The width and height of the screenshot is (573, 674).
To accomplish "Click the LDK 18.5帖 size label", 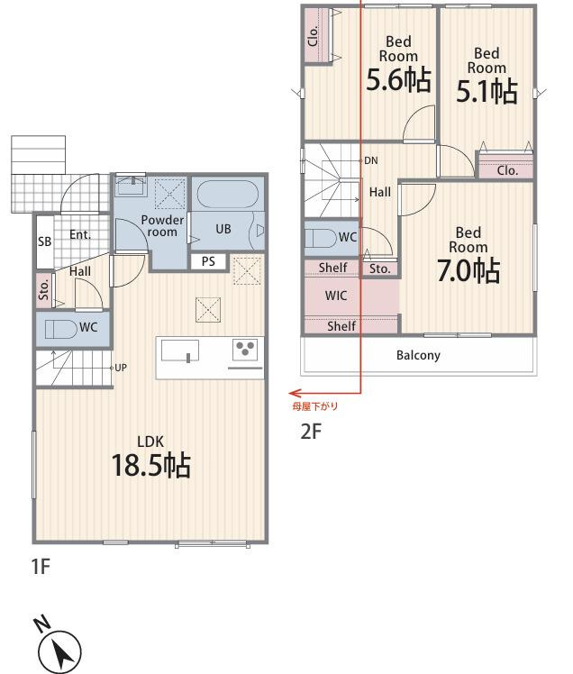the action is pyautogui.click(x=150, y=465).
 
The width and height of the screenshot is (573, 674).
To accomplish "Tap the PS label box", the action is pyautogui.click(x=208, y=261).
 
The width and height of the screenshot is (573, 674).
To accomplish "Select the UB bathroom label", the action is pyautogui.click(x=223, y=229).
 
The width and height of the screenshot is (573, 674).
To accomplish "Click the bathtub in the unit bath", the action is pyautogui.click(x=227, y=195).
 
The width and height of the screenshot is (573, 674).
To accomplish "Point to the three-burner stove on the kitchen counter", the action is pyautogui.click(x=245, y=349).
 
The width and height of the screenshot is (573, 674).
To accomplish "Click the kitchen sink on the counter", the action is pyautogui.click(x=180, y=351).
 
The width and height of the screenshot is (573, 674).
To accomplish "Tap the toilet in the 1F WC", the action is pyautogui.click(x=61, y=329).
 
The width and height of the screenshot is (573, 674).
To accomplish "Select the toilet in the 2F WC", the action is pyautogui.click(x=321, y=238).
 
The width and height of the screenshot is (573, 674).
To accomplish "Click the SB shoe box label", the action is pyautogui.click(x=44, y=241).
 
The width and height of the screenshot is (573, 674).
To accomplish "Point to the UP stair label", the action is pyautogui.click(x=121, y=368).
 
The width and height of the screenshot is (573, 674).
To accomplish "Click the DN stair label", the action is pyautogui.click(x=371, y=160).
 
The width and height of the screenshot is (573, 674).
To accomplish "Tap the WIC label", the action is pyautogui.click(x=336, y=296).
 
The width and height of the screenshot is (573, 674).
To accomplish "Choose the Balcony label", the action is pyautogui.click(x=418, y=356).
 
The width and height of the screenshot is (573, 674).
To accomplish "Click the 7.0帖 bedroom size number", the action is pyautogui.click(x=468, y=271).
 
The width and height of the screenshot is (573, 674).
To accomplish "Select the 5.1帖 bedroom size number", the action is pyautogui.click(x=487, y=91).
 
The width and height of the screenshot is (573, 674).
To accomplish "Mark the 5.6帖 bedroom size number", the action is pyautogui.click(x=398, y=79).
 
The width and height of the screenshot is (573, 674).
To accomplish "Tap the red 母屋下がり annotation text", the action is pyautogui.click(x=315, y=406).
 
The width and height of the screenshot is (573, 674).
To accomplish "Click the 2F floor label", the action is pyautogui.click(x=311, y=432).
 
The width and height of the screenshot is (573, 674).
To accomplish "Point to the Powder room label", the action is pyautogui.click(x=162, y=226).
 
